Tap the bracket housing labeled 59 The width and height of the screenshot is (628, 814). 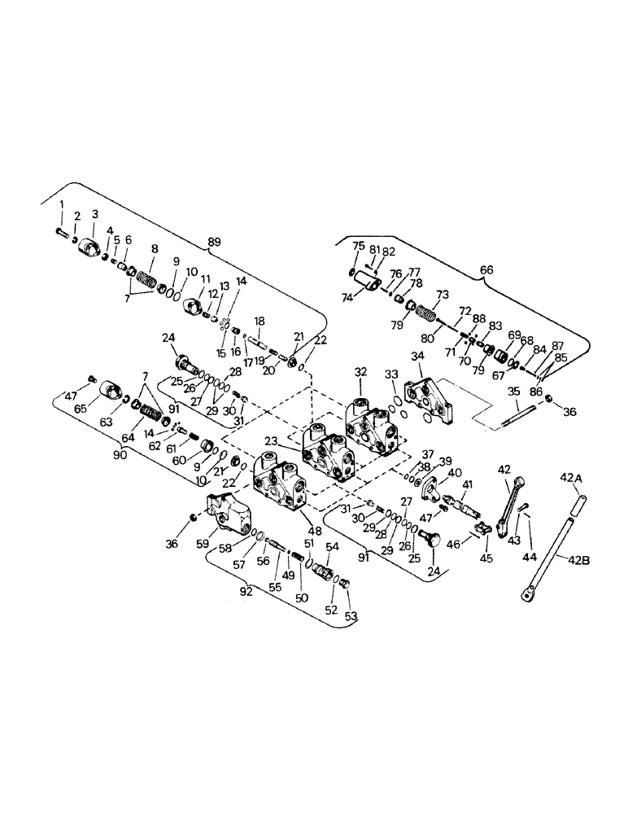229,513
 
